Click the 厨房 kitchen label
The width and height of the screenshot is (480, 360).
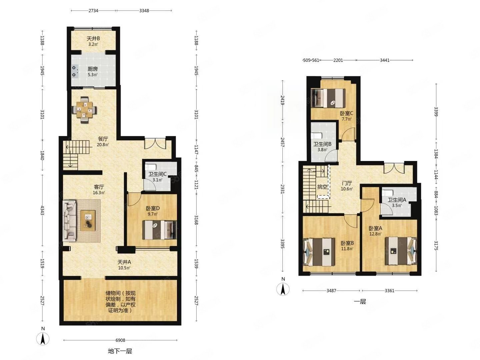pyautogui.click(x=93, y=69)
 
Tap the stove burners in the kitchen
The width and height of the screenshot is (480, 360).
pyautogui.click(x=74, y=71)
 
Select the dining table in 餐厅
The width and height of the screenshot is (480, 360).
pyautogui.click(x=84, y=110)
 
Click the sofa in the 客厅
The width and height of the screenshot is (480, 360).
pyautogui.click(x=70, y=220)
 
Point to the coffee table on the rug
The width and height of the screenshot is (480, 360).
pyautogui.click(x=88, y=220)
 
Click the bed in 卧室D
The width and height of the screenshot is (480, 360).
pyautogui.click(x=159, y=230)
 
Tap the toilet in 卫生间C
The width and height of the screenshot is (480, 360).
pyautogui.click(x=150, y=167)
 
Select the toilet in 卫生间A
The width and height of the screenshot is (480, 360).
pyautogui.click(x=387, y=193)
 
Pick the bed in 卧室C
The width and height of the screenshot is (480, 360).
pyautogui.click(x=328, y=98)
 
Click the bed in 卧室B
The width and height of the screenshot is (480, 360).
pyautogui.click(x=319, y=252)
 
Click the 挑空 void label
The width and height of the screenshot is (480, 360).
pyautogui.click(x=322, y=187)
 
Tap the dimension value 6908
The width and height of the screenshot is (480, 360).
pyautogui.click(x=120, y=340)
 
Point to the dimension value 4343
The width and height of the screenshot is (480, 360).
pyautogui.click(x=42, y=210)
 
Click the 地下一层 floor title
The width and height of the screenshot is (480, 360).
pyautogui.click(x=120, y=351)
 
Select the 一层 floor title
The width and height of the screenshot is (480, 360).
pyautogui.click(x=360, y=302)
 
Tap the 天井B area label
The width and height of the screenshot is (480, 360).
pyautogui.click(x=93, y=39)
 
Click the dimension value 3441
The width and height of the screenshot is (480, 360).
pyautogui.click(x=384, y=60)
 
